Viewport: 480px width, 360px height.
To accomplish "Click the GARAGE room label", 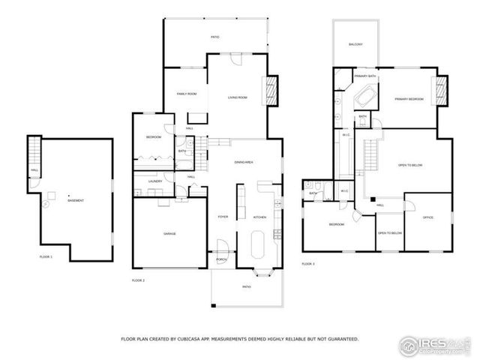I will click(169, 234).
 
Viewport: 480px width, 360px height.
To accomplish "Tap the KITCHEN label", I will click(259, 217).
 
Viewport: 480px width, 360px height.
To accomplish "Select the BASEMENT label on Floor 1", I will click(75, 200).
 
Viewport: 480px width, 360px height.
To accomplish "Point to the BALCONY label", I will click(355, 45).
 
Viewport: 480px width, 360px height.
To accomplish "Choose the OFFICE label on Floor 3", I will click(427, 217).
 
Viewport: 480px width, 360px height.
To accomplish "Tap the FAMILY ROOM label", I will click(187, 94).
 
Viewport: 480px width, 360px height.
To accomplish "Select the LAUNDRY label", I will click(155, 181).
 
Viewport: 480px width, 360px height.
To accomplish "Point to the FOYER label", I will click(223, 217).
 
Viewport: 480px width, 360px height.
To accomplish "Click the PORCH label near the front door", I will click(222, 259).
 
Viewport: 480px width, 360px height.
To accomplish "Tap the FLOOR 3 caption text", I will click(308, 264).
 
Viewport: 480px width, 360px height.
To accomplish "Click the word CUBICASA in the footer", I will click(192, 339).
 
